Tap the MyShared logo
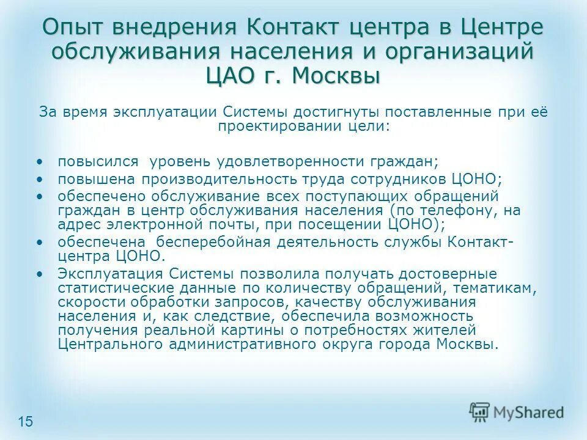(517, 413)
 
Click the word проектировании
(277, 126)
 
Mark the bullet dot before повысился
(40, 162)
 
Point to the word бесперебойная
(220, 241)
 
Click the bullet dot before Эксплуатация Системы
(40, 273)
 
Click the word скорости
(87, 302)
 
